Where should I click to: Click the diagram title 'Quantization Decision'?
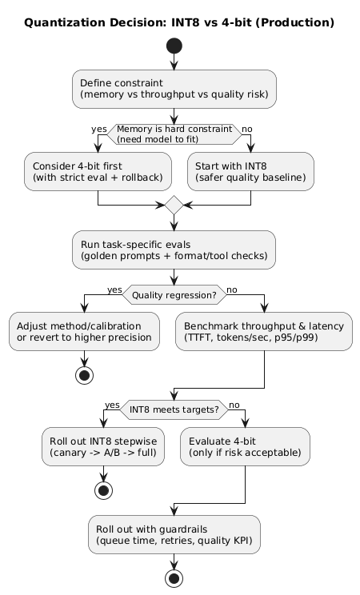179,22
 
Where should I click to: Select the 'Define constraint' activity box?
174,89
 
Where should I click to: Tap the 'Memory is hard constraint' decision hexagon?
174,134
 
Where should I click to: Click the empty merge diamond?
174,206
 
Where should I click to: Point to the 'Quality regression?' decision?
174,294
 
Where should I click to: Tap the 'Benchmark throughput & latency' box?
264,331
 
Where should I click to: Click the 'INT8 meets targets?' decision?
174,409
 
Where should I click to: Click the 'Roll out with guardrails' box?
174,534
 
